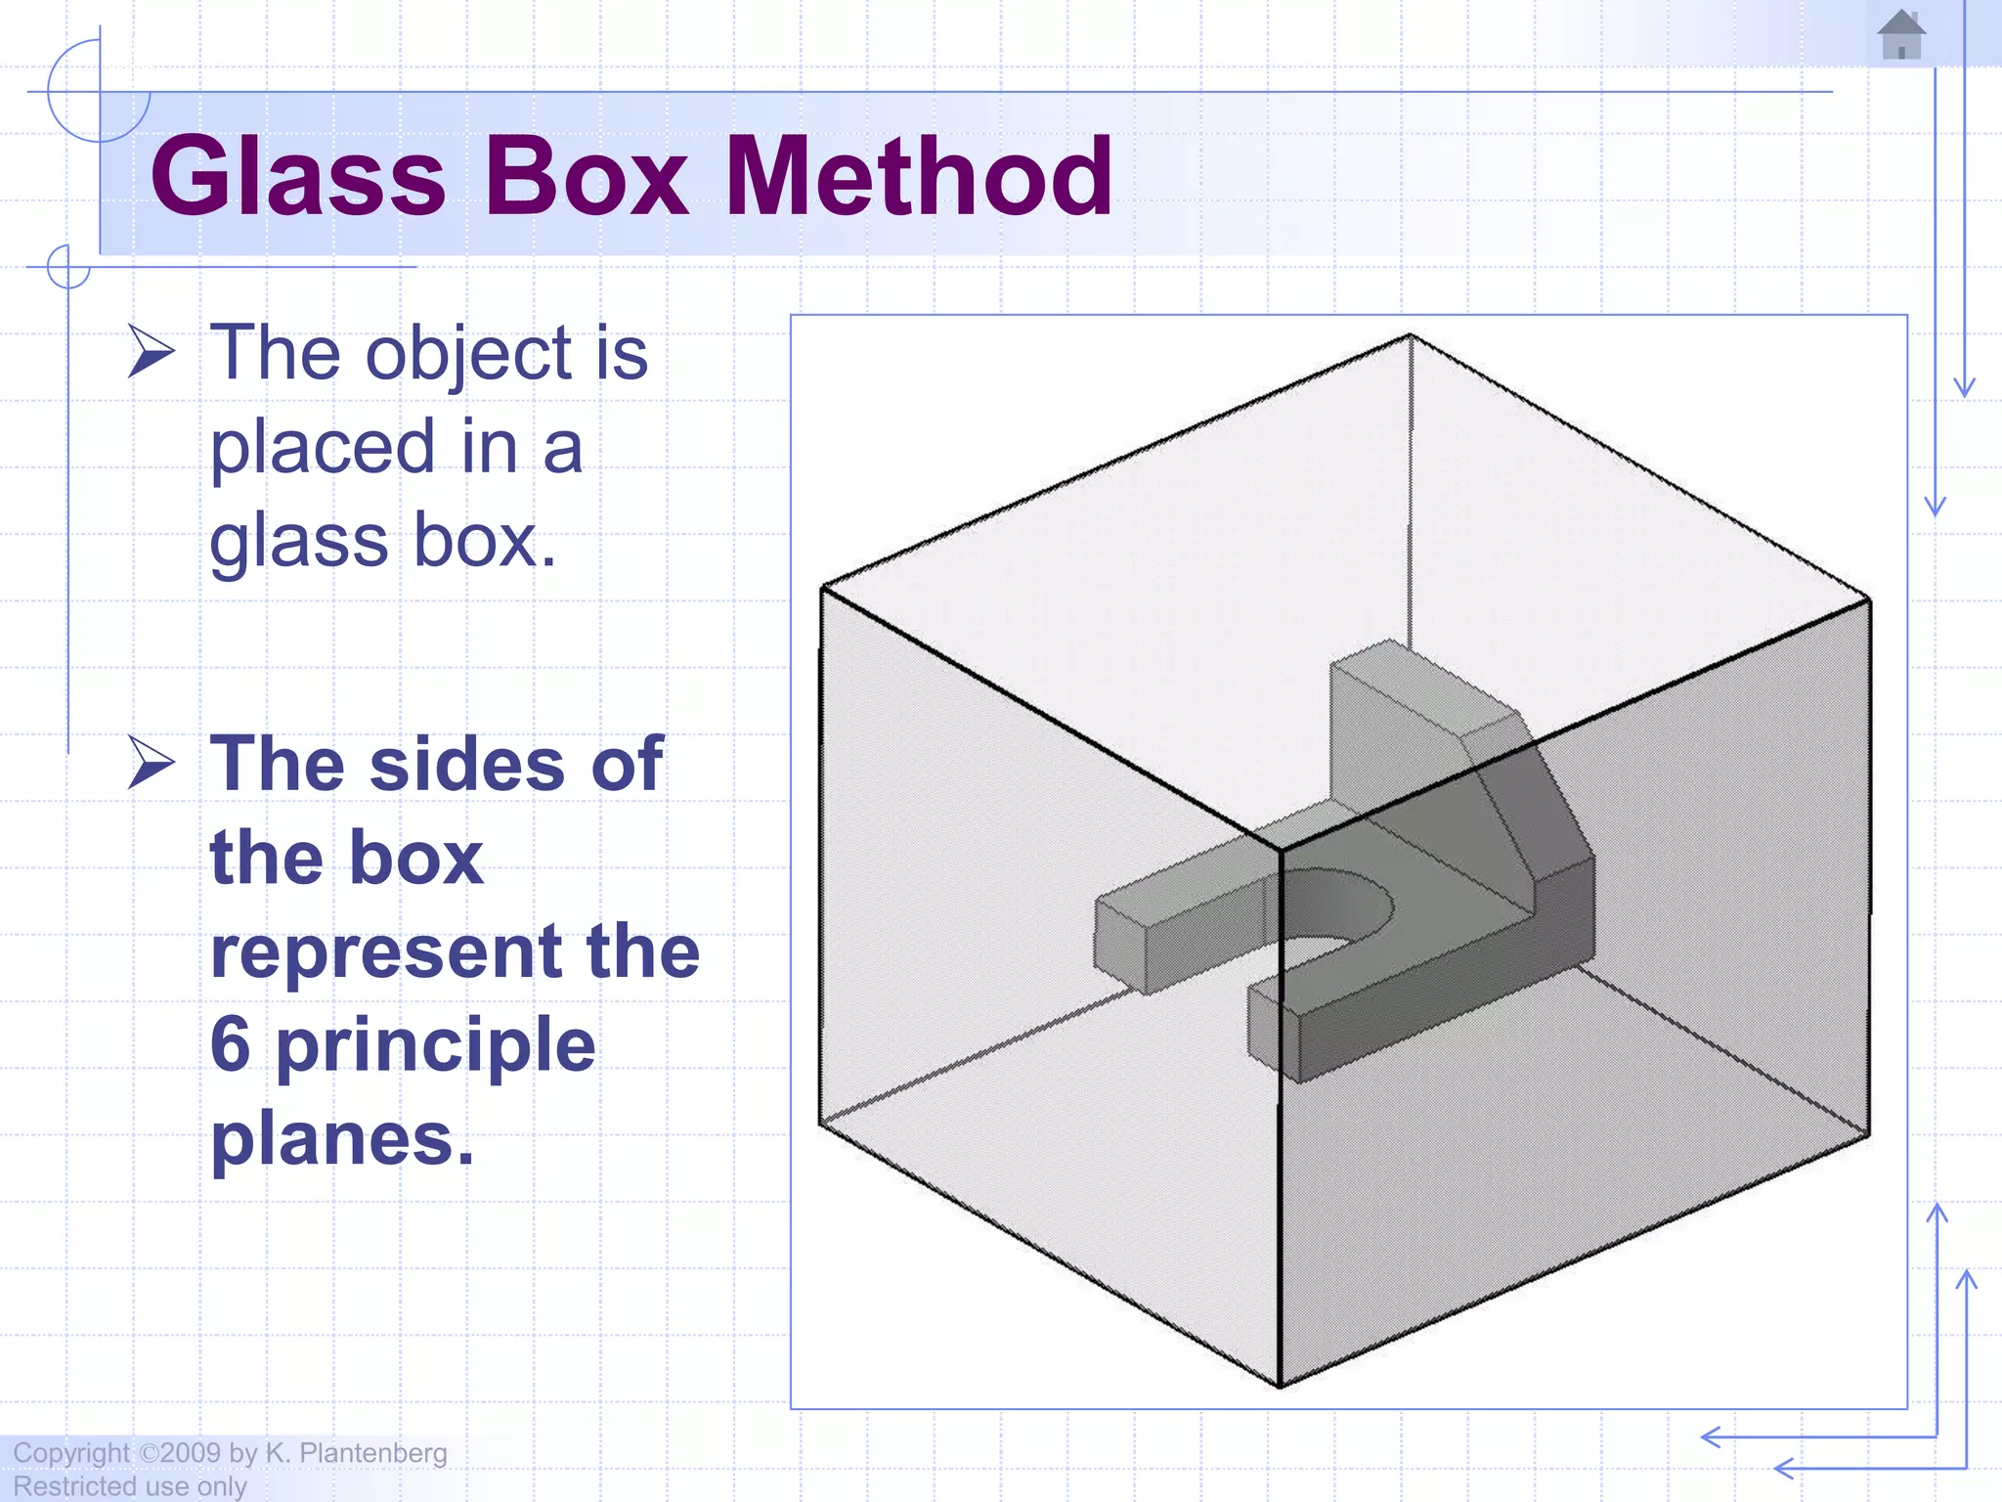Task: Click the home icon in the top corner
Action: click(1901, 35)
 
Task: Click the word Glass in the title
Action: click(298, 177)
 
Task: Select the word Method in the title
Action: click(918, 177)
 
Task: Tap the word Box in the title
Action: click(587, 177)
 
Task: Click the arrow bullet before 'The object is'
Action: click(152, 353)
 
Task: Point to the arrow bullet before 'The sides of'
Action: click(152, 764)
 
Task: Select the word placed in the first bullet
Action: click(323, 448)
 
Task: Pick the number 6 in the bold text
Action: click(231, 1044)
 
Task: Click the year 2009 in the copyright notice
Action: click(191, 1453)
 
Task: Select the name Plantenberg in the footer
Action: click(372, 1454)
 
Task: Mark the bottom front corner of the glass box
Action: click(1280, 1385)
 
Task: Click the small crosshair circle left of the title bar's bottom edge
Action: click(68, 267)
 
